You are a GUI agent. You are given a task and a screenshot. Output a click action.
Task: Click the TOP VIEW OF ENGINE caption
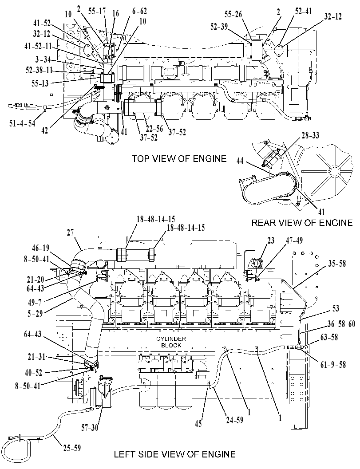tap(179, 158)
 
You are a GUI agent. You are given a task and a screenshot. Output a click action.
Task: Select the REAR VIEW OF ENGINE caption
tap(302, 223)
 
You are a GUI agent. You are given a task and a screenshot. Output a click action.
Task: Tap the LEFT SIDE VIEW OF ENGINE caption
tap(174, 454)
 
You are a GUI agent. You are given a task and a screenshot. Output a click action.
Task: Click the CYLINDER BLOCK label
tap(171, 342)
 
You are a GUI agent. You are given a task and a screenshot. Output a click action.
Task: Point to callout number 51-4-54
tap(22, 123)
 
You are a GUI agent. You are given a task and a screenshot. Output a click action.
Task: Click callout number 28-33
tap(310, 135)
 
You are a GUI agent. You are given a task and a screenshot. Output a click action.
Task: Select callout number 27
tap(70, 233)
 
